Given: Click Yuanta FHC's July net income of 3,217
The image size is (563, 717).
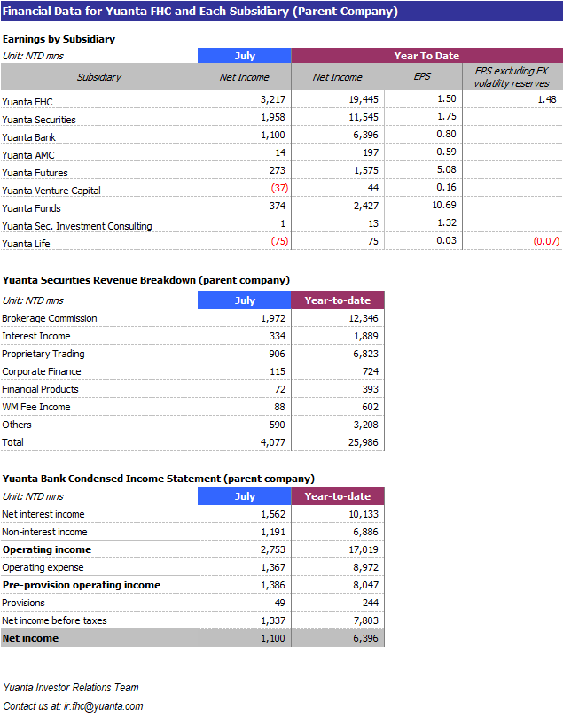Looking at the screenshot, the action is (273, 99).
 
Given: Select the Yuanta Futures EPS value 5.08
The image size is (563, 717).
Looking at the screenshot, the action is (446, 169).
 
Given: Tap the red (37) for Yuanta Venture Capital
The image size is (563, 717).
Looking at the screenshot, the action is (279, 188).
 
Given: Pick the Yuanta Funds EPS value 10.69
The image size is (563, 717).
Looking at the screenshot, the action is (444, 205).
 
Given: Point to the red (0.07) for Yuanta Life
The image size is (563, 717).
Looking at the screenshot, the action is (546, 241).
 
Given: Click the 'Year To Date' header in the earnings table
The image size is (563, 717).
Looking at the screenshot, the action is (426, 56).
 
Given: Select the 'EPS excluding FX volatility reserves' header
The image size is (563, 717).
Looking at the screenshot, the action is (512, 77).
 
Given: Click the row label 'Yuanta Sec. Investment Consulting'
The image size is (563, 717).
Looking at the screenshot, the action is (77, 226).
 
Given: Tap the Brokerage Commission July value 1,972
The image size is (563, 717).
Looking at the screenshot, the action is (273, 318).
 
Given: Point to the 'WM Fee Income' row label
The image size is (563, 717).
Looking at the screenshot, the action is (36, 407).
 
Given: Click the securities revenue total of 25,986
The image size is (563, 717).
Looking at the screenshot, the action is (364, 442).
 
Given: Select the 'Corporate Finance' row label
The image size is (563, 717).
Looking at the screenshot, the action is (42, 371).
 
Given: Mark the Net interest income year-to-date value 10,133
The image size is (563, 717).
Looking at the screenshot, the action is (364, 514).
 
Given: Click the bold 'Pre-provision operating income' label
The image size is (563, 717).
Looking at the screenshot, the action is (82, 585).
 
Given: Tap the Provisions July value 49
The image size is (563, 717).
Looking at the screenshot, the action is (280, 603).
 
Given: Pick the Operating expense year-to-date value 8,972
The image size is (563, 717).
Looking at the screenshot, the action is (366, 567).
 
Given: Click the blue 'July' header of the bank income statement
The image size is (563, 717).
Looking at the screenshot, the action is (245, 496).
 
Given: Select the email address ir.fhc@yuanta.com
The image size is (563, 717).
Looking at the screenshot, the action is (104, 706).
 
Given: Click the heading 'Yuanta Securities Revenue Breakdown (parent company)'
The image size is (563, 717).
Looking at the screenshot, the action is (146, 280).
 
